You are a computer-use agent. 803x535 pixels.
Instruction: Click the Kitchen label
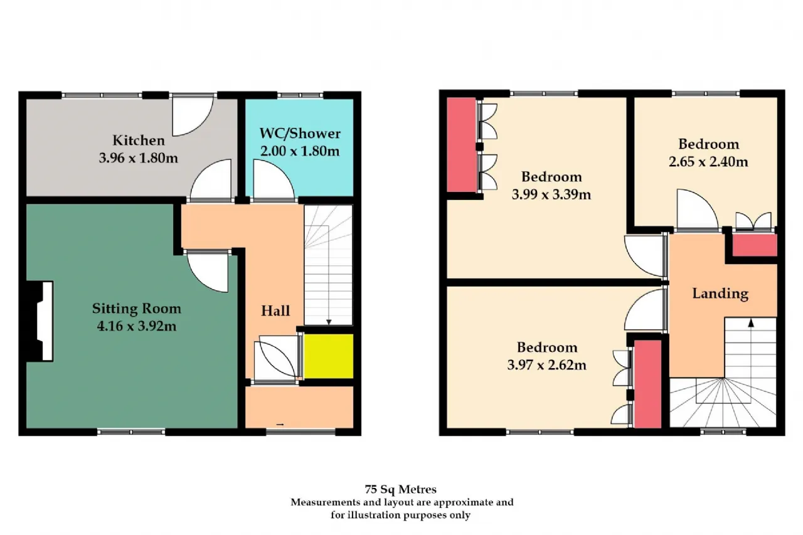(139, 140)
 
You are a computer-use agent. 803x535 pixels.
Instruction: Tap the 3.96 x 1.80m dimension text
(139, 158)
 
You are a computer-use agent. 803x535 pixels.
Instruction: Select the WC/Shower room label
(300, 134)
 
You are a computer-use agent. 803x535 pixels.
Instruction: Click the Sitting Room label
(137, 309)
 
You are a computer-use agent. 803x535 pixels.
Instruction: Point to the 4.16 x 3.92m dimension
(137, 326)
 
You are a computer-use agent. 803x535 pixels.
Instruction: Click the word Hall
(275, 310)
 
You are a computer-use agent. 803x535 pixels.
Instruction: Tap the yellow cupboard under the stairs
(328, 356)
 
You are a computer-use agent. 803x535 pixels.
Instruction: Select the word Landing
(720, 294)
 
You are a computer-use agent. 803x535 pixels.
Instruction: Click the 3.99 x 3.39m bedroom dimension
(551, 194)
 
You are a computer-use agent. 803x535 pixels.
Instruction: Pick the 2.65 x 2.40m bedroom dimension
(708, 162)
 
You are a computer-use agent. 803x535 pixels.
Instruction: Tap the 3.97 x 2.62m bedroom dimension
(546, 365)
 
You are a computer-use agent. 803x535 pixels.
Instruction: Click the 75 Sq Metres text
(400, 489)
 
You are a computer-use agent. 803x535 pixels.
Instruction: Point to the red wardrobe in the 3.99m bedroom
(461, 145)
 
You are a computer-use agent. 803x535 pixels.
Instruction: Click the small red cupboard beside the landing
(754, 245)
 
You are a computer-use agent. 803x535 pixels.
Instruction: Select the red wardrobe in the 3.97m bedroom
(648, 384)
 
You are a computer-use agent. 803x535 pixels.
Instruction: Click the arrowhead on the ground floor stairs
(329, 322)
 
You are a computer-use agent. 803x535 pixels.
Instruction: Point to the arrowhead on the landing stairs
(751, 323)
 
